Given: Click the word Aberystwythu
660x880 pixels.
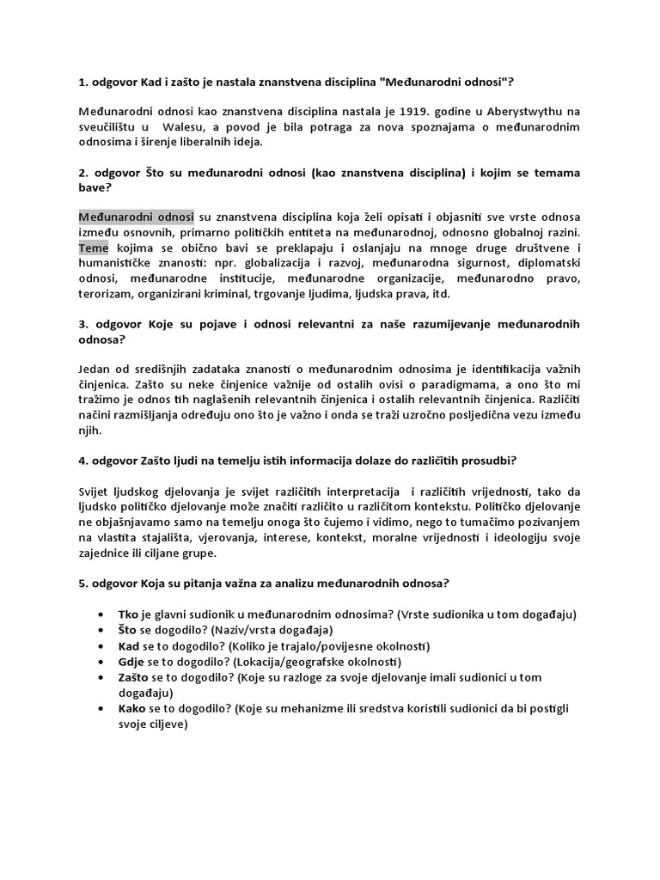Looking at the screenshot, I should point(486,111).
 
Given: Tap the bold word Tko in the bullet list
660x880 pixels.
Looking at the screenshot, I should point(130,615).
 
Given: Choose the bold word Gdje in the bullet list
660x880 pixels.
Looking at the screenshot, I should point(133,662).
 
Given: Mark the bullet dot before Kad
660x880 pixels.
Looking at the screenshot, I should point(101,646).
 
